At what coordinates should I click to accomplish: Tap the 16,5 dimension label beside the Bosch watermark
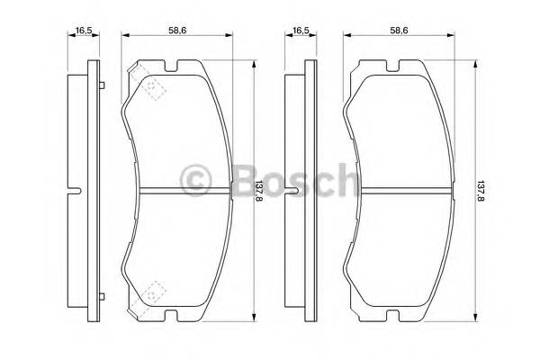[300, 31]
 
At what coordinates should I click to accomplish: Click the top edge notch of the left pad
[172, 65]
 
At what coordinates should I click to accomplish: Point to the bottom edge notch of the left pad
[172, 315]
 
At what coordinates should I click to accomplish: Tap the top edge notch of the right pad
[393, 65]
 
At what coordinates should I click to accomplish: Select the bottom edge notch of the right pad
[393, 315]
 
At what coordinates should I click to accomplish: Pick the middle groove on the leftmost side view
[75, 190]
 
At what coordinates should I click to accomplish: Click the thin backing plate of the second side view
[310, 135]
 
